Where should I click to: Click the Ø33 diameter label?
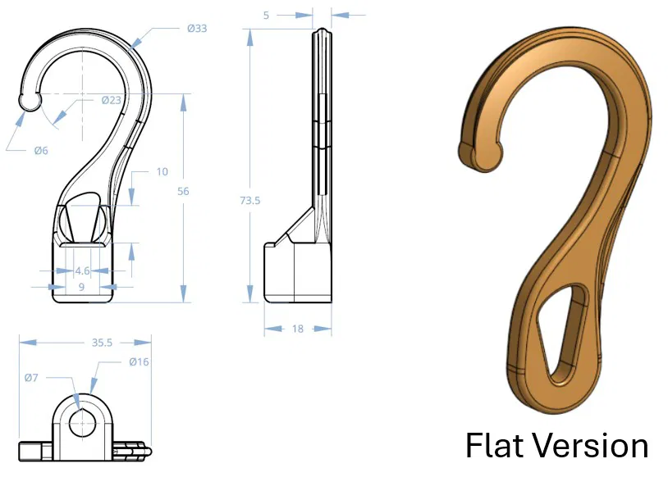click(196, 28)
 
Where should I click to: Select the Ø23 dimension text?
click(112, 100)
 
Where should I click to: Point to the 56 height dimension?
click(183, 191)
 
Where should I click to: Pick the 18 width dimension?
click(297, 329)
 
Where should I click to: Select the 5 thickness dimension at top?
click(282, 14)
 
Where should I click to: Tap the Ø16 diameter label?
click(139, 362)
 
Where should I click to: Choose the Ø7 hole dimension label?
click(31, 378)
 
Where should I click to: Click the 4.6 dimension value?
click(83, 270)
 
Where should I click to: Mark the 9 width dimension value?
click(81, 286)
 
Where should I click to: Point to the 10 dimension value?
click(162, 172)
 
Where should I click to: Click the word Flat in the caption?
click(496, 447)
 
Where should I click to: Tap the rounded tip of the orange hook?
click(480, 155)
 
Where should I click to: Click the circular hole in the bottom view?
click(81, 424)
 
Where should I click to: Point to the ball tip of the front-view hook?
click(29, 101)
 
